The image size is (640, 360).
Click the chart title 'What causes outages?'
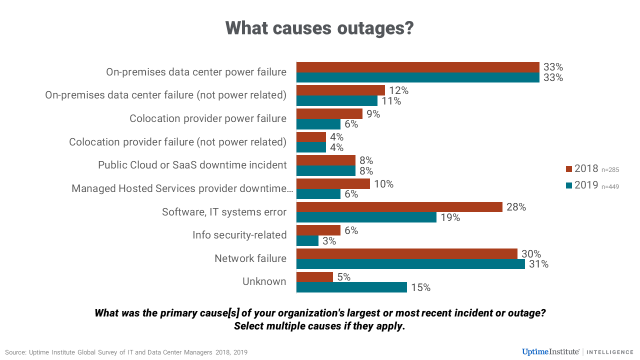(x=319, y=27)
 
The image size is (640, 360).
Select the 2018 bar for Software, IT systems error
(x=399, y=207)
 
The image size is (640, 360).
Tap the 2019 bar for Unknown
(x=351, y=287)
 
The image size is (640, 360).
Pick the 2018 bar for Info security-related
(x=318, y=230)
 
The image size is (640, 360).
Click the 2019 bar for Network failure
(x=410, y=263)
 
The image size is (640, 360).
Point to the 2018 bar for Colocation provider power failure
(x=329, y=113)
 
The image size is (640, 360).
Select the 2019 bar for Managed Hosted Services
(x=318, y=194)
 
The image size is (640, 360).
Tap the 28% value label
(x=515, y=207)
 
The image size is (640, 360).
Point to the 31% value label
(x=538, y=264)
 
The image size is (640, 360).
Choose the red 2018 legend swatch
(x=568, y=169)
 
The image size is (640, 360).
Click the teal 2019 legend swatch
(x=568, y=185)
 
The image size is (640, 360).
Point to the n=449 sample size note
(x=610, y=186)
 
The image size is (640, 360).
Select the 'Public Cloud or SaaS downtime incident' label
(x=192, y=165)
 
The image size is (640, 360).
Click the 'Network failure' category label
(x=250, y=258)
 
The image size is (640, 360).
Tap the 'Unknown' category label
(x=264, y=281)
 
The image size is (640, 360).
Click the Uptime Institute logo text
(x=550, y=352)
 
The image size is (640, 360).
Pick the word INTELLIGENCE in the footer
(x=610, y=352)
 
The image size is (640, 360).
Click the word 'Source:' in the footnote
(x=15, y=352)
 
